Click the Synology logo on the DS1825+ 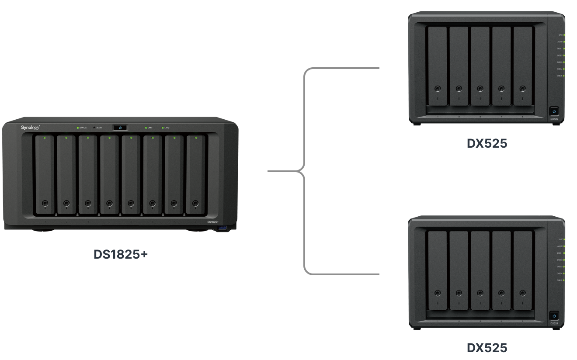(31, 127)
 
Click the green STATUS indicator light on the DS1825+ (78, 128)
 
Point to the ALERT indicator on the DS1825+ (94, 128)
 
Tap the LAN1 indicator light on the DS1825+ (146, 128)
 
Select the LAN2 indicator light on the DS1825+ (163, 128)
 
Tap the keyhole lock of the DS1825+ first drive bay (45, 203)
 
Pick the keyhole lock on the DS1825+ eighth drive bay (195, 203)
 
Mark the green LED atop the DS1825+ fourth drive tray (109, 138)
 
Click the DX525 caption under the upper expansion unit (487, 143)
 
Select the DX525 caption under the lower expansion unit (487, 348)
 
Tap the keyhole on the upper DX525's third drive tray (480, 88)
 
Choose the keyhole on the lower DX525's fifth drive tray (522, 293)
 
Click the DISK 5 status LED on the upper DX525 (564, 76)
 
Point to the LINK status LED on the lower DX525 (564, 239)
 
